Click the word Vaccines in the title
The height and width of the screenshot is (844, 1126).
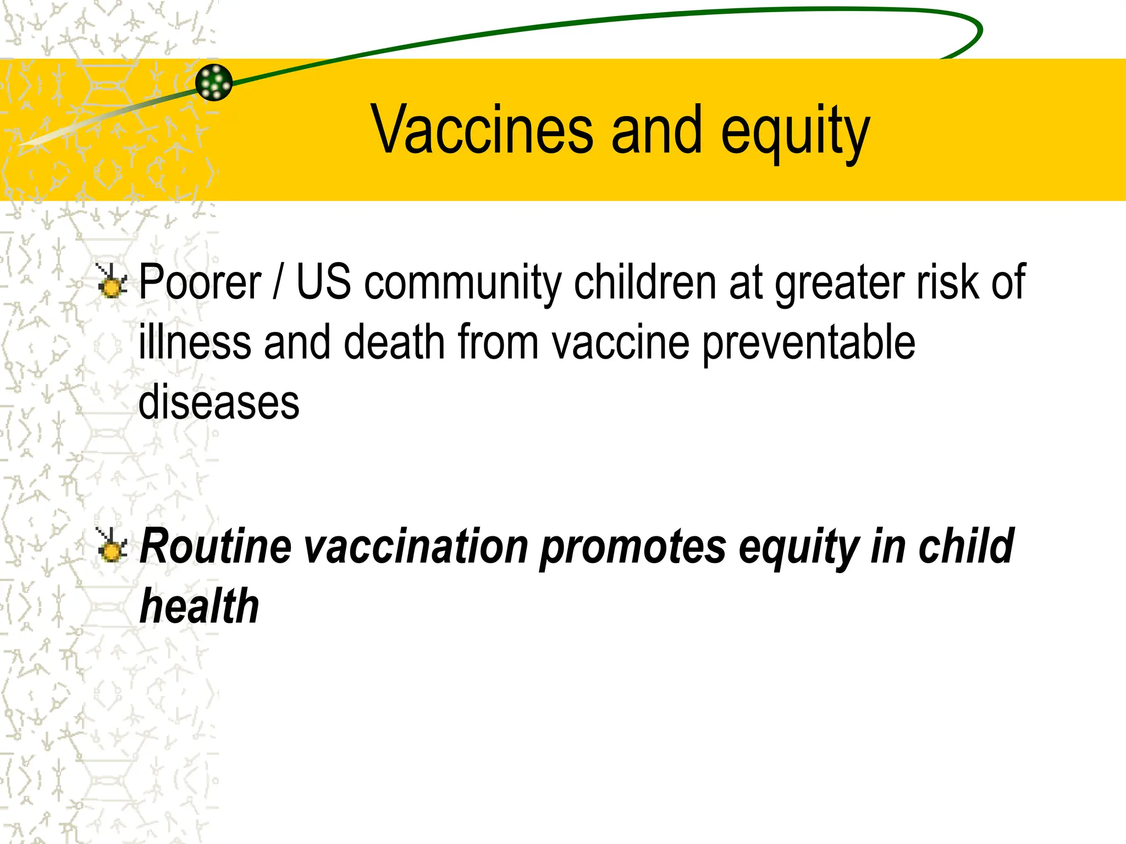[482, 130]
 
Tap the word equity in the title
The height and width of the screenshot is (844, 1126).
[795, 132]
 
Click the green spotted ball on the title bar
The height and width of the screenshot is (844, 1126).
[214, 82]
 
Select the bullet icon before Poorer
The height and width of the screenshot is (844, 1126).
[112, 281]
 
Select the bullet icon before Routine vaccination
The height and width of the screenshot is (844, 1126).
[112, 545]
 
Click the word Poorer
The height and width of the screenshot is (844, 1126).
[200, 282]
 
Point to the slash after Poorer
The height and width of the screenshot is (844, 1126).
[278, 282]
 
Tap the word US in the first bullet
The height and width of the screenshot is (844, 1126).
[323, 282]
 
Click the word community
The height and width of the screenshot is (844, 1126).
[462, 284]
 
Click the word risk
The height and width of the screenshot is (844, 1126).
[946, 282]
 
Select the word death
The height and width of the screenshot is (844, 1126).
[394, 342]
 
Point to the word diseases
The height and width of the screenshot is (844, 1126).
[219, 403]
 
